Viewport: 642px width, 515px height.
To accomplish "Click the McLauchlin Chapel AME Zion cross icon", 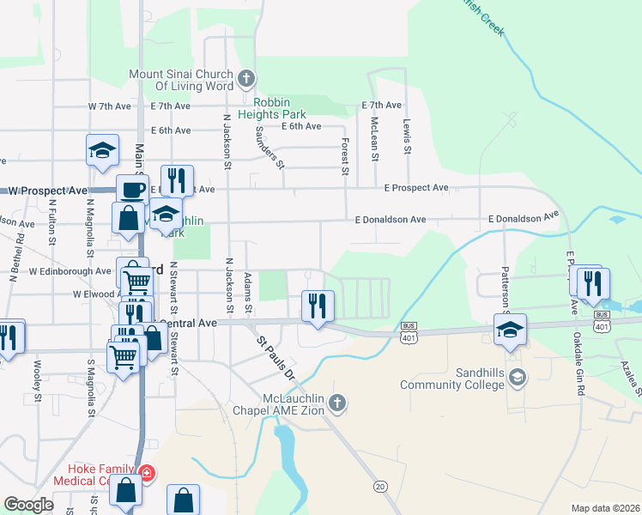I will click(338, 403).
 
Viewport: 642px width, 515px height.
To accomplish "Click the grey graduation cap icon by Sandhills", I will click(518, 377).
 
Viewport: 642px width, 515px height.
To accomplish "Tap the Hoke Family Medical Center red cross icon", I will click(147, 474).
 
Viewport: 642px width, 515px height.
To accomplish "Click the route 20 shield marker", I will click(380, 486).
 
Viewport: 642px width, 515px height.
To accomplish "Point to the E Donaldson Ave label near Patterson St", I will click(523, 219).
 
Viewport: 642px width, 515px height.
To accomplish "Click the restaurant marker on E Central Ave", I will click(318, 305).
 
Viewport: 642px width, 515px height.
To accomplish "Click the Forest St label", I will click(345, 157).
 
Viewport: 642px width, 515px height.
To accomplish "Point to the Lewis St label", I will click(407, 137).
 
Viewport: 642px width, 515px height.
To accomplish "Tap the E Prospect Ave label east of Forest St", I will click(416, 187).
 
